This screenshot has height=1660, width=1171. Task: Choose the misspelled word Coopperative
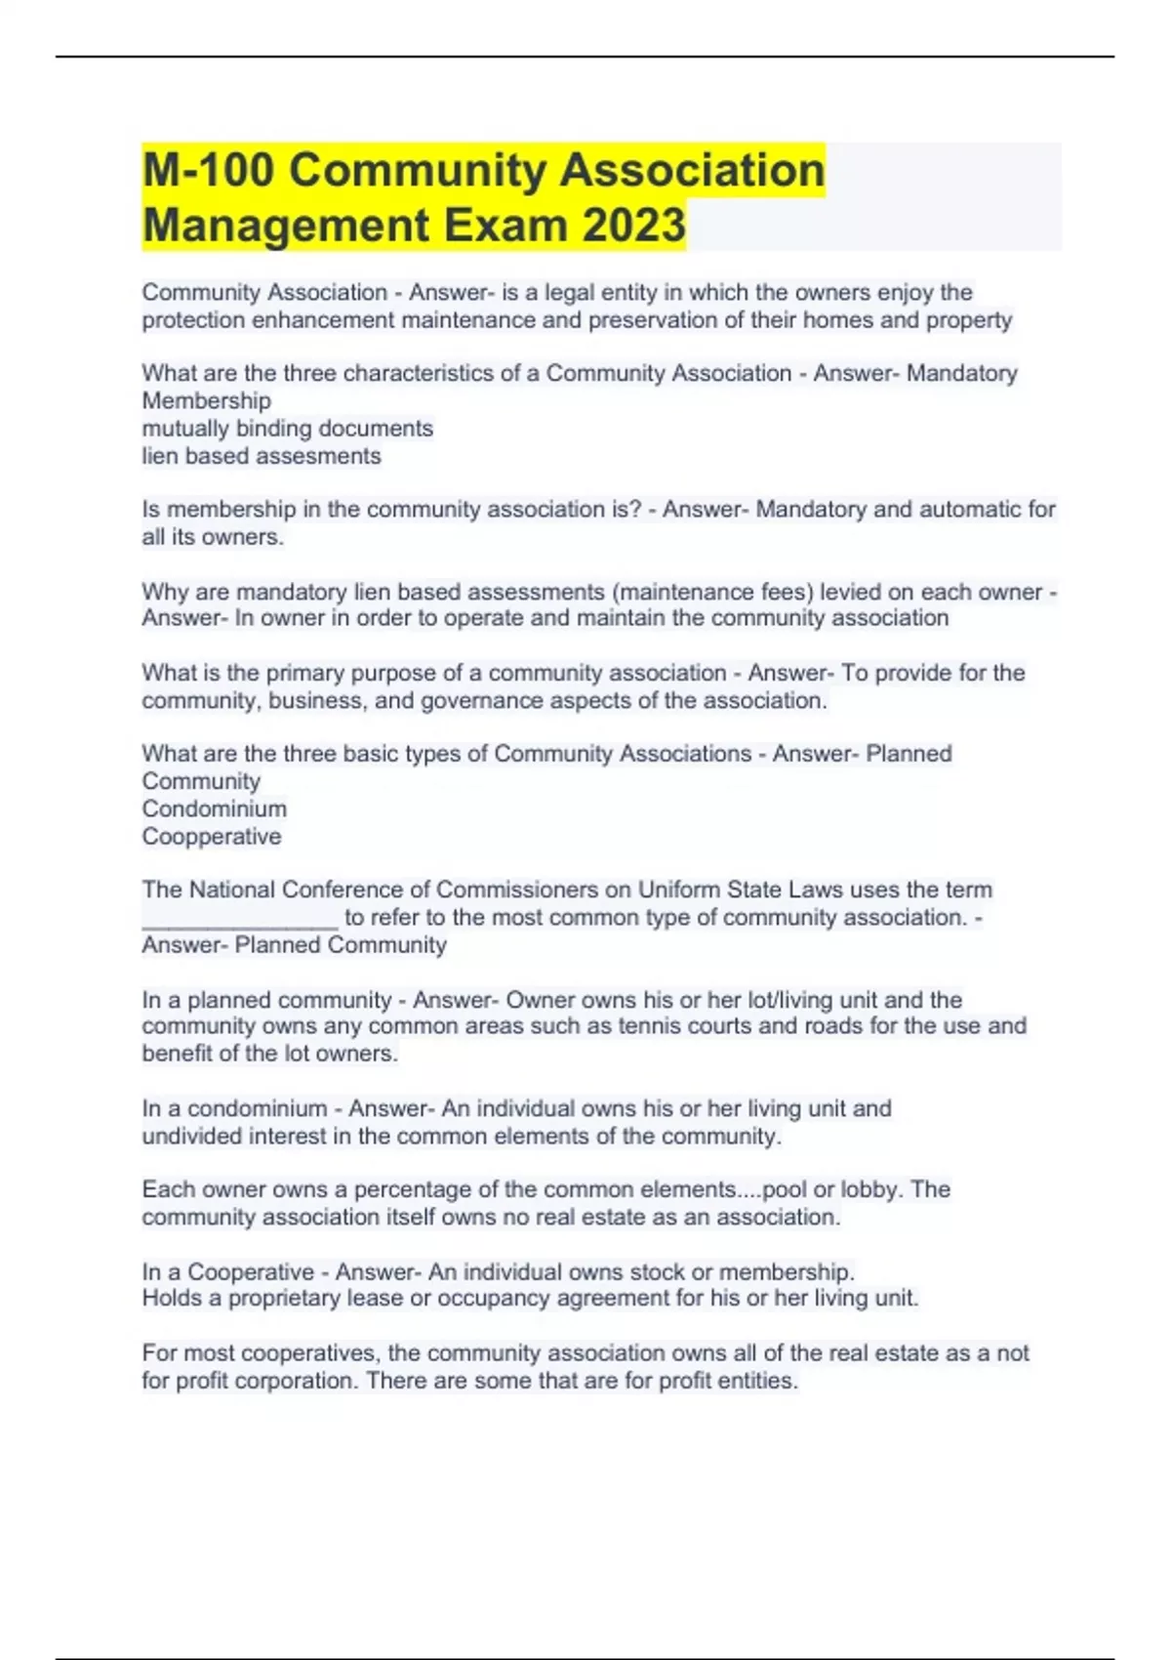[x=212, y=836]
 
